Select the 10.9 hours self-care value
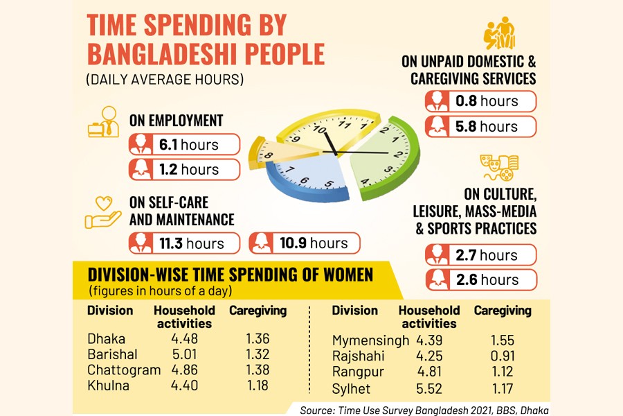(x=305, y=243)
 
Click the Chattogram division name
(x=124, y=370)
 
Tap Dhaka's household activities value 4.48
(x=183, y=339)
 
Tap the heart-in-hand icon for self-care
(x=102, y=213)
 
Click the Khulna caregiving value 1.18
(x=257, y=385)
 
